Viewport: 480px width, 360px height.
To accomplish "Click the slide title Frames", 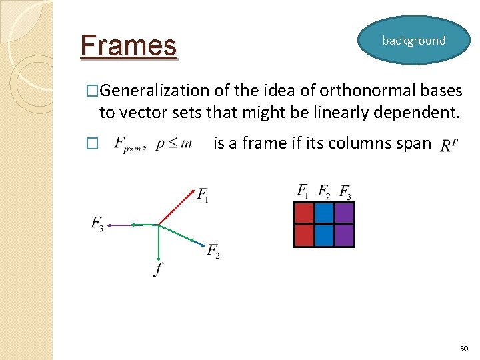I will (x=129, y=46).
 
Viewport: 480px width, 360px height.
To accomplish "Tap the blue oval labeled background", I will (x=413, y=41).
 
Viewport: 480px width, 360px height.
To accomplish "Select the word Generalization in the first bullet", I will (x=155, y=91).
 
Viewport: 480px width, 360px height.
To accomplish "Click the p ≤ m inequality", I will (x=173, y=144).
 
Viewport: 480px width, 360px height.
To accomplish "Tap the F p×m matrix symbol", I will (x=127, y=145).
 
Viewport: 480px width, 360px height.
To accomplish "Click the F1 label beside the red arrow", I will (x=203, y=195).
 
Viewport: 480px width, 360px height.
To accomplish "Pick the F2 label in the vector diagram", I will (x=213, y=251).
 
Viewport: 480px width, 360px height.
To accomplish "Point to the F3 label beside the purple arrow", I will (x=97, y=223).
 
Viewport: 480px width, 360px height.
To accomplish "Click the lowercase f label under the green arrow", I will (x=157, y=269).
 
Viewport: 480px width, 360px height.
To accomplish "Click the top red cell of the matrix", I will (x=304, y=213).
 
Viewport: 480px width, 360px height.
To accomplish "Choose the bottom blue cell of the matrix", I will (x=324, y=235).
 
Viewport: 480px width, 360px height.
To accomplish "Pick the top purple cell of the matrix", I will (x=344, y=213).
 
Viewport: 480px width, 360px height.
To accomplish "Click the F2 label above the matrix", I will (x=323, y=192).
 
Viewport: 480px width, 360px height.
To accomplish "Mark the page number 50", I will (x=464, y=349).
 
